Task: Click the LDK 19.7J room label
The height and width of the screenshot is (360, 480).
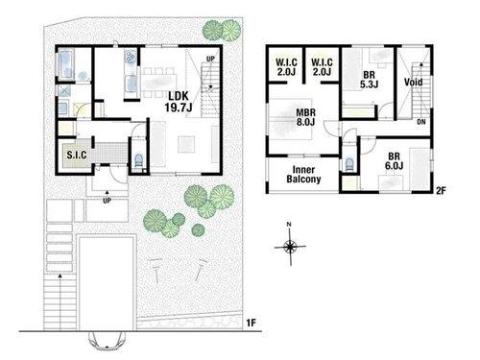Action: pyautogui.click(x=179, y=102)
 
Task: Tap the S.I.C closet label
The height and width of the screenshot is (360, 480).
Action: pyautogui.click(x=77, y=156)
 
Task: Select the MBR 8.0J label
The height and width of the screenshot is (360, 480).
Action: pyautogui.click(x=305, y=117)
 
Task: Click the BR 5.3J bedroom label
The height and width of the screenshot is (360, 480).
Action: pyautogui.click(x=369, y=80)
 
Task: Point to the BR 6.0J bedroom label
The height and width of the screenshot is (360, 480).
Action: pyautogui.click(x=394, y=161)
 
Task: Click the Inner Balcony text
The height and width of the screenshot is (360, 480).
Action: pyautogui.click(x=303, y=174)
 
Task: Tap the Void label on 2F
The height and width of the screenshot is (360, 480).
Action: pyautogui.click(x=414, y=83)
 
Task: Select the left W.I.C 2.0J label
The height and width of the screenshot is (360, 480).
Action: pyautogui.click(x=286, y=67)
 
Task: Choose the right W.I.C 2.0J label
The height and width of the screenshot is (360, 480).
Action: pyautogui.click(x=322, y=67)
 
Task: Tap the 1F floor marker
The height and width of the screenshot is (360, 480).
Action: pyautogui.click(x=252, y=323)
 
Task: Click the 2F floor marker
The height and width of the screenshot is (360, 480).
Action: pyautogui.click(x=441, y=191)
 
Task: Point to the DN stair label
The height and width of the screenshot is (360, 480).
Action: pyautogui.click(x=421, y=122)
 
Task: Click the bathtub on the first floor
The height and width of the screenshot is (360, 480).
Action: pyautogui.click(x=66, y=64)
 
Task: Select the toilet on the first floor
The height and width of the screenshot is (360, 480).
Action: pyautogui.click(x=139, y=159)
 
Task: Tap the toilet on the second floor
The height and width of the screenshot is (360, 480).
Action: pyautogui.click(x=348, y=165)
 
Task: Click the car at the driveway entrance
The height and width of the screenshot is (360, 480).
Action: pyautogui.click(x=107, y=340)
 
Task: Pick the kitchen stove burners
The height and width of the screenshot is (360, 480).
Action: pyautogui.click(x=131, y=57)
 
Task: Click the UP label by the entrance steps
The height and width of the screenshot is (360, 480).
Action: pyautogui.click(x=107, y=201)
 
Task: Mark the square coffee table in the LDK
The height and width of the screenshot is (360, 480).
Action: pyautogui.click(x=186, y=144)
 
